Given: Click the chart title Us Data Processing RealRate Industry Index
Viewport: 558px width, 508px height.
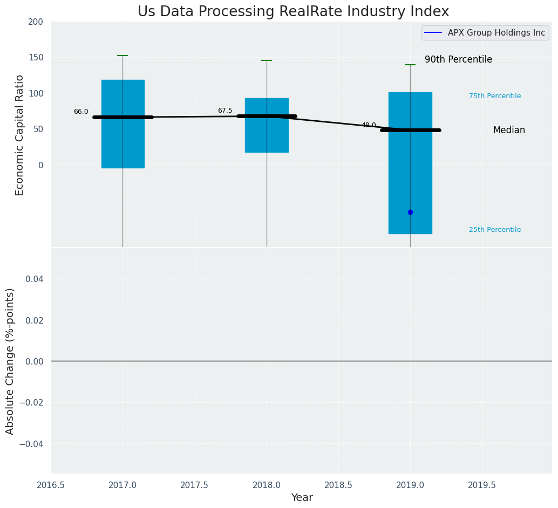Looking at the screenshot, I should pyautogui.click(x=293, y=12).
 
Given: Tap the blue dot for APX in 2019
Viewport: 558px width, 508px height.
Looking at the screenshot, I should pyautogui.click(x=410, y=212).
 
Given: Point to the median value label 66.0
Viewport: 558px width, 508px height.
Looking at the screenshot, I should pyautogui.click(x=81, y=112).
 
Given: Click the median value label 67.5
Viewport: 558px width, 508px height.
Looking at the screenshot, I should pyautogui.click(x=225, y=111).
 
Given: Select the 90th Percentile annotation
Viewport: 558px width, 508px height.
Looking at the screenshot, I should pyautogui.click(x=458, y=59).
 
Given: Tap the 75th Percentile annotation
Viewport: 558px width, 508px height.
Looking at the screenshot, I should pyautogui.click(x=495, y=96).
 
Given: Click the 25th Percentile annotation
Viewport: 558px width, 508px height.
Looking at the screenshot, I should pyautogui.click(x=495, y=230).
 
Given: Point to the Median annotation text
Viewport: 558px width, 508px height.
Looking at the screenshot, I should pyautogui.click(x=509, y=131).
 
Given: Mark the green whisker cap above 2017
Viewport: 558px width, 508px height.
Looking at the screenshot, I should pyautogui.click(x=123, y=56).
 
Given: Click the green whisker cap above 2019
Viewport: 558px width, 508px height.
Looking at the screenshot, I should pyautogui.click(x=410, y=65).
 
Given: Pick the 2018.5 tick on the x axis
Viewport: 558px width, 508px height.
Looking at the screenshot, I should pyautogui.click(x=338, y=485).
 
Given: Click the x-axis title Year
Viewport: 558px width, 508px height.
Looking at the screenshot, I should pyautogui.click(x=302, y=498).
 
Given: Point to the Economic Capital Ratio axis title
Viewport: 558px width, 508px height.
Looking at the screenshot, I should pyautogui.click(x=20, y=135).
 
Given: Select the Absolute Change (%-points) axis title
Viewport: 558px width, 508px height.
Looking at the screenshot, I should pyautogui.click(x=10, y=361).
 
